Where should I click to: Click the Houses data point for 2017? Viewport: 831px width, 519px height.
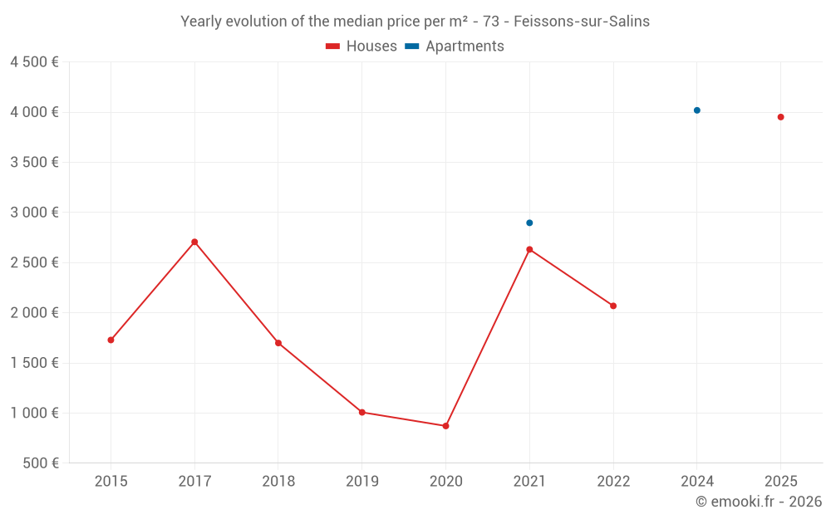coord(194,242)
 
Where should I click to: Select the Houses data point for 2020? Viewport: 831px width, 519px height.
coord(445,426)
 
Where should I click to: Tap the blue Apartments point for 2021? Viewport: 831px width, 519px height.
coord(529,223)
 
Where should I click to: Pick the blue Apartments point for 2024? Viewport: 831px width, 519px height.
coord(697,110)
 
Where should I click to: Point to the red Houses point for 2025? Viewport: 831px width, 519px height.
coord(781,117)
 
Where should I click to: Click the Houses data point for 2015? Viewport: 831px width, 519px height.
coord(111,340)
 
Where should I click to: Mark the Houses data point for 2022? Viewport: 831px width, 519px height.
coord(613,306)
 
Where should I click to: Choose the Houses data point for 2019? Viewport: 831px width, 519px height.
coord(361,412)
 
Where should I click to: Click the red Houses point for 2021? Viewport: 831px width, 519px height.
coord(529,249)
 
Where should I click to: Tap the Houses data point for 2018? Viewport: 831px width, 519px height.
coord(278,343)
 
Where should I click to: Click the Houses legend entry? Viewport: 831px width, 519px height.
coord(361,47)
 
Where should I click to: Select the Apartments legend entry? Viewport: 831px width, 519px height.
coord(455,47)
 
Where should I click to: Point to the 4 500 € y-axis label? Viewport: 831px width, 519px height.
coord(34,62)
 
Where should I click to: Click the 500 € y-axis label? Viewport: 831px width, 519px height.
coord(42,463)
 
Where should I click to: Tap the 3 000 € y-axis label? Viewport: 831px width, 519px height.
coord(34,213)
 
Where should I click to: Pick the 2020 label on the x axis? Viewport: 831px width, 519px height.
coord(445,482)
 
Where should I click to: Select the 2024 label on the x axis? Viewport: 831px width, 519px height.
coord(697,482)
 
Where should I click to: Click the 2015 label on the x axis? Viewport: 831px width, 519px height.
coord(111,482)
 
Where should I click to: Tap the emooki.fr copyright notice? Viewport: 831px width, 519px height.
coord(759,502)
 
